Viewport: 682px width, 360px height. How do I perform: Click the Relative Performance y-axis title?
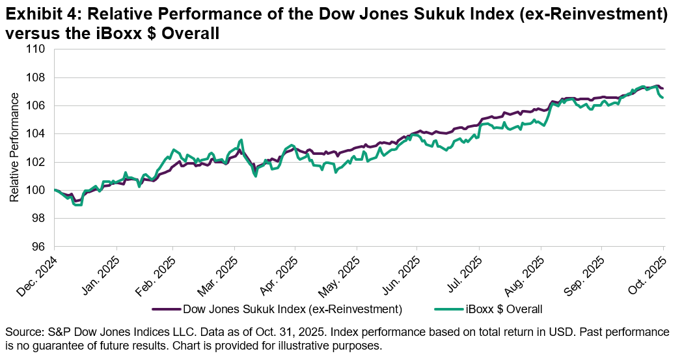14,148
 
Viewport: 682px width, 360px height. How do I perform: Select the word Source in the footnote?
22,332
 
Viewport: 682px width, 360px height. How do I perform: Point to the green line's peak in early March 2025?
241,140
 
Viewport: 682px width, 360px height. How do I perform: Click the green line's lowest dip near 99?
79,205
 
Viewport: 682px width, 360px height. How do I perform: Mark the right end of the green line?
662,98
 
